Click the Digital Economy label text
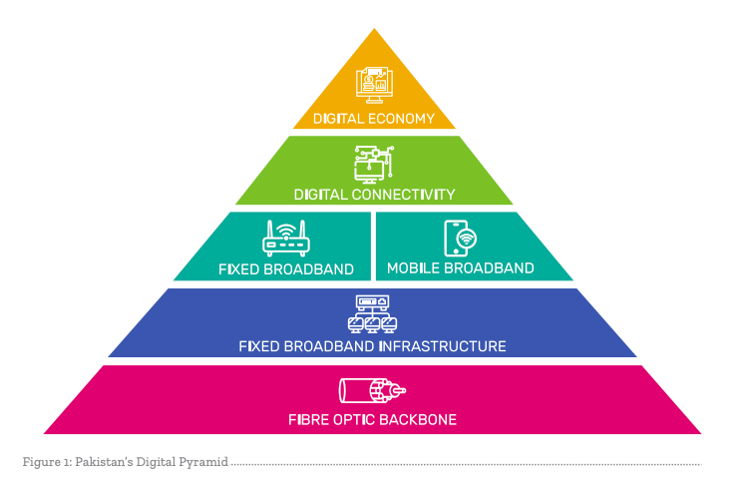pos(374,119)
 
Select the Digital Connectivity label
pos(374,195)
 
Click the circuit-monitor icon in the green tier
pos(374,164)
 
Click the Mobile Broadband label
pos(460,268)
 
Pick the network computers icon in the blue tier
pos(372,313)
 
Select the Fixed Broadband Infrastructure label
pos(372,346)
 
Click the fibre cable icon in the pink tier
pos(373,389)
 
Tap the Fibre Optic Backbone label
pos(372,419)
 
